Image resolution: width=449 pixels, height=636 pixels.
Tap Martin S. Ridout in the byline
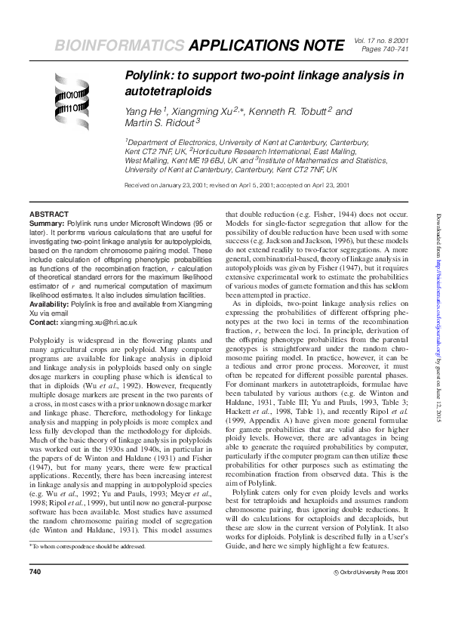[158, 122]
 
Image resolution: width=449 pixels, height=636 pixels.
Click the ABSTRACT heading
[49, 215]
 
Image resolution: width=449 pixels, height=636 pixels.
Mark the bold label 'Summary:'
[46, 225]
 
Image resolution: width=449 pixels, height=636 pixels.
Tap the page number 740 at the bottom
[35, 593]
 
